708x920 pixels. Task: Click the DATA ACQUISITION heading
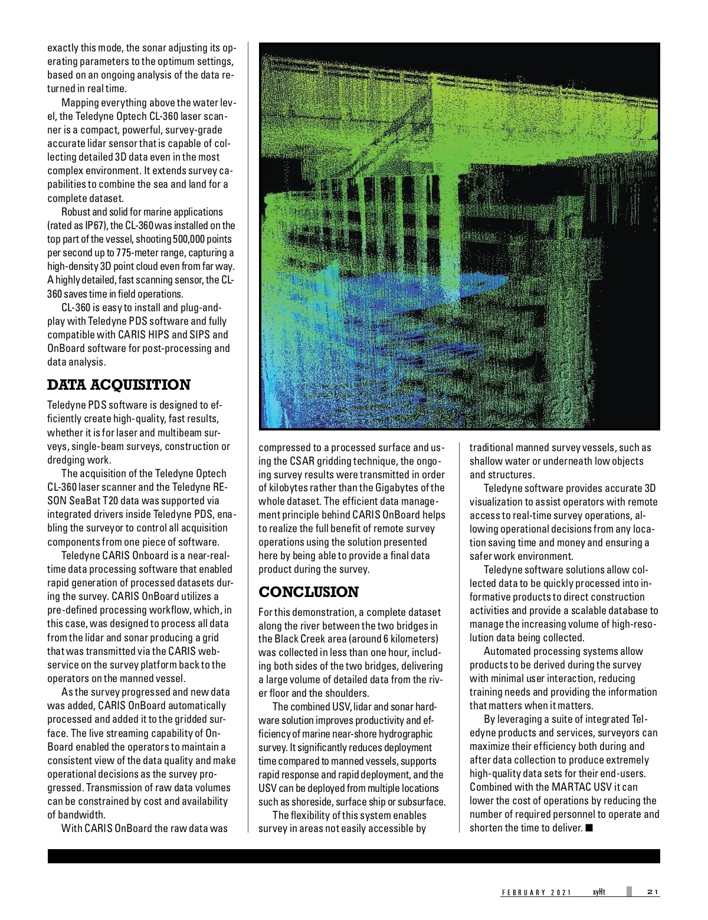pos(119,385)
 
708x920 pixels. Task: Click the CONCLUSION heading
pos(309,592)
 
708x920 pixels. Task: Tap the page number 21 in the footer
pos(653,892)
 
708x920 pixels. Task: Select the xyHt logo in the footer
pos(599,892)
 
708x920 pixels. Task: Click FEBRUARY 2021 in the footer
pos(536,892)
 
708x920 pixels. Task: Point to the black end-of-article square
pos(589,828)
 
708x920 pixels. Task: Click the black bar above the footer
pos(354,857)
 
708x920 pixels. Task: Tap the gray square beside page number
pos(629,892)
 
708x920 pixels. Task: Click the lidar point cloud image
pos(459,236)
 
